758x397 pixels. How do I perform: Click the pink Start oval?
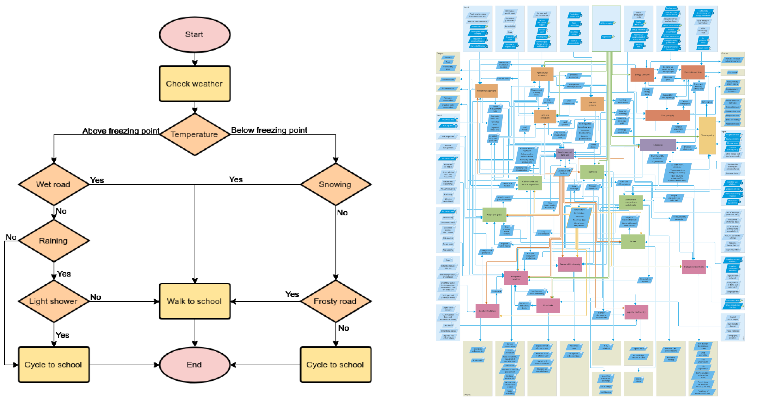[195, 35]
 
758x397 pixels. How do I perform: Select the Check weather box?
[195, 83]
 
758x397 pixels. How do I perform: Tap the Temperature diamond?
[195, 134]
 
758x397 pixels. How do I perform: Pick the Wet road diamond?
[54, 184]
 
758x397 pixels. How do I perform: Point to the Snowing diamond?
[335, 184]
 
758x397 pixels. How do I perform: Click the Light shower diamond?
[54, 301]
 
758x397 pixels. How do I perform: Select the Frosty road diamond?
[335, 301]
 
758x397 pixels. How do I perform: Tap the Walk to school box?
[195, 301]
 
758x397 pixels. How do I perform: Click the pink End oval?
[195, 365]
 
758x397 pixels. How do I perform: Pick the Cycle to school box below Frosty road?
[335, 365]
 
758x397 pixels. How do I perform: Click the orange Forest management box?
[486, 91]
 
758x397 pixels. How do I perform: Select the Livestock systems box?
[592, 104]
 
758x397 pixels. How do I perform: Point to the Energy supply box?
[667, 115]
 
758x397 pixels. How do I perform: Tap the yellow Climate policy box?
[707, 135]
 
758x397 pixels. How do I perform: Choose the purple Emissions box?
[658, 145]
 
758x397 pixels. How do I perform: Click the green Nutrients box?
[593, 172]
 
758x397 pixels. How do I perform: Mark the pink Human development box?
[693, 267]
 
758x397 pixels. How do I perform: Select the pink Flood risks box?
[548, 305]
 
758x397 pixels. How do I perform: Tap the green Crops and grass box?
[494, 215]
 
